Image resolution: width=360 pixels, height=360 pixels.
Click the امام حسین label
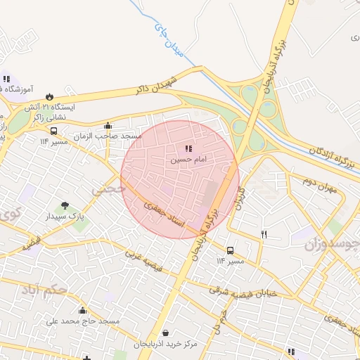point(188,160)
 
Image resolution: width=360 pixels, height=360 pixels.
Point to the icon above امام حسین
point(188,149)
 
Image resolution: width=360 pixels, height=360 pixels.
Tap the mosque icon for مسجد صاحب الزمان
point(107,126)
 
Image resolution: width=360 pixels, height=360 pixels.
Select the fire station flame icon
point(49,96)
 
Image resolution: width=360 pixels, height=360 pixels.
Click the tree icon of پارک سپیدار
point(65,207)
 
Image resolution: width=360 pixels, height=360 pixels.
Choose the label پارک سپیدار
point(65,217)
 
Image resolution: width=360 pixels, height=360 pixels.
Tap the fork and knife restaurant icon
point(264,234)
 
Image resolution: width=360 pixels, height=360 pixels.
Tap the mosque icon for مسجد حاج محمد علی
point(82,311)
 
